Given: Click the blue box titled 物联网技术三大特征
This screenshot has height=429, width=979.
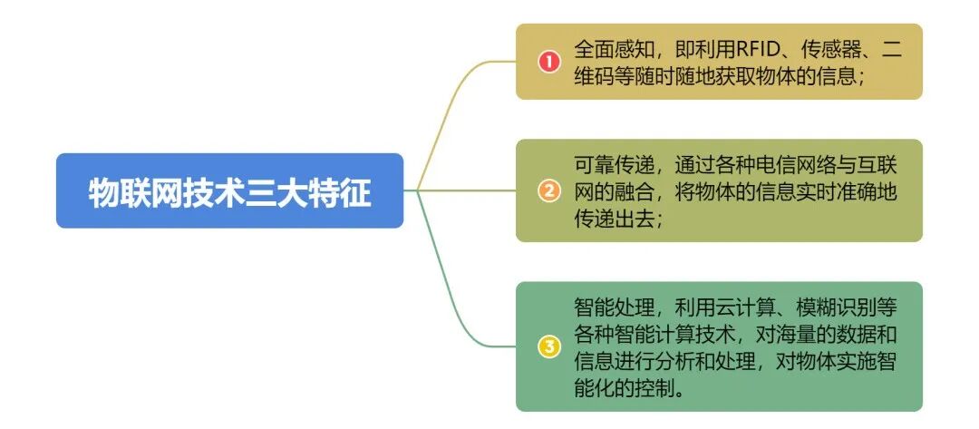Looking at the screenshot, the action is coord(229,191).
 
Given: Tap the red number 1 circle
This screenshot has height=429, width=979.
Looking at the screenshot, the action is coord(548,62).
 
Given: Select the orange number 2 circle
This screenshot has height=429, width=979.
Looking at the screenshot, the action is coord(548,190).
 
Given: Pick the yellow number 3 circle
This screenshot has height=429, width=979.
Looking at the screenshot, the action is coord(548,346).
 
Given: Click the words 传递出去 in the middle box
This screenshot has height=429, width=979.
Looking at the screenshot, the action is coord(611,218).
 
